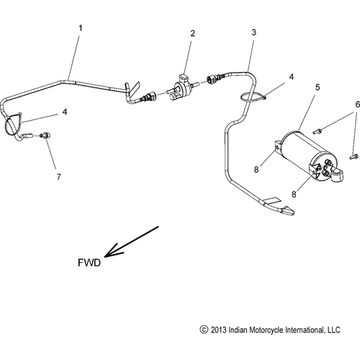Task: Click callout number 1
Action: (x=80, y=28)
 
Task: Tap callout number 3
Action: (x=253, y=33)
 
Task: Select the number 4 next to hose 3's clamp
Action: (x=292, y=76)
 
